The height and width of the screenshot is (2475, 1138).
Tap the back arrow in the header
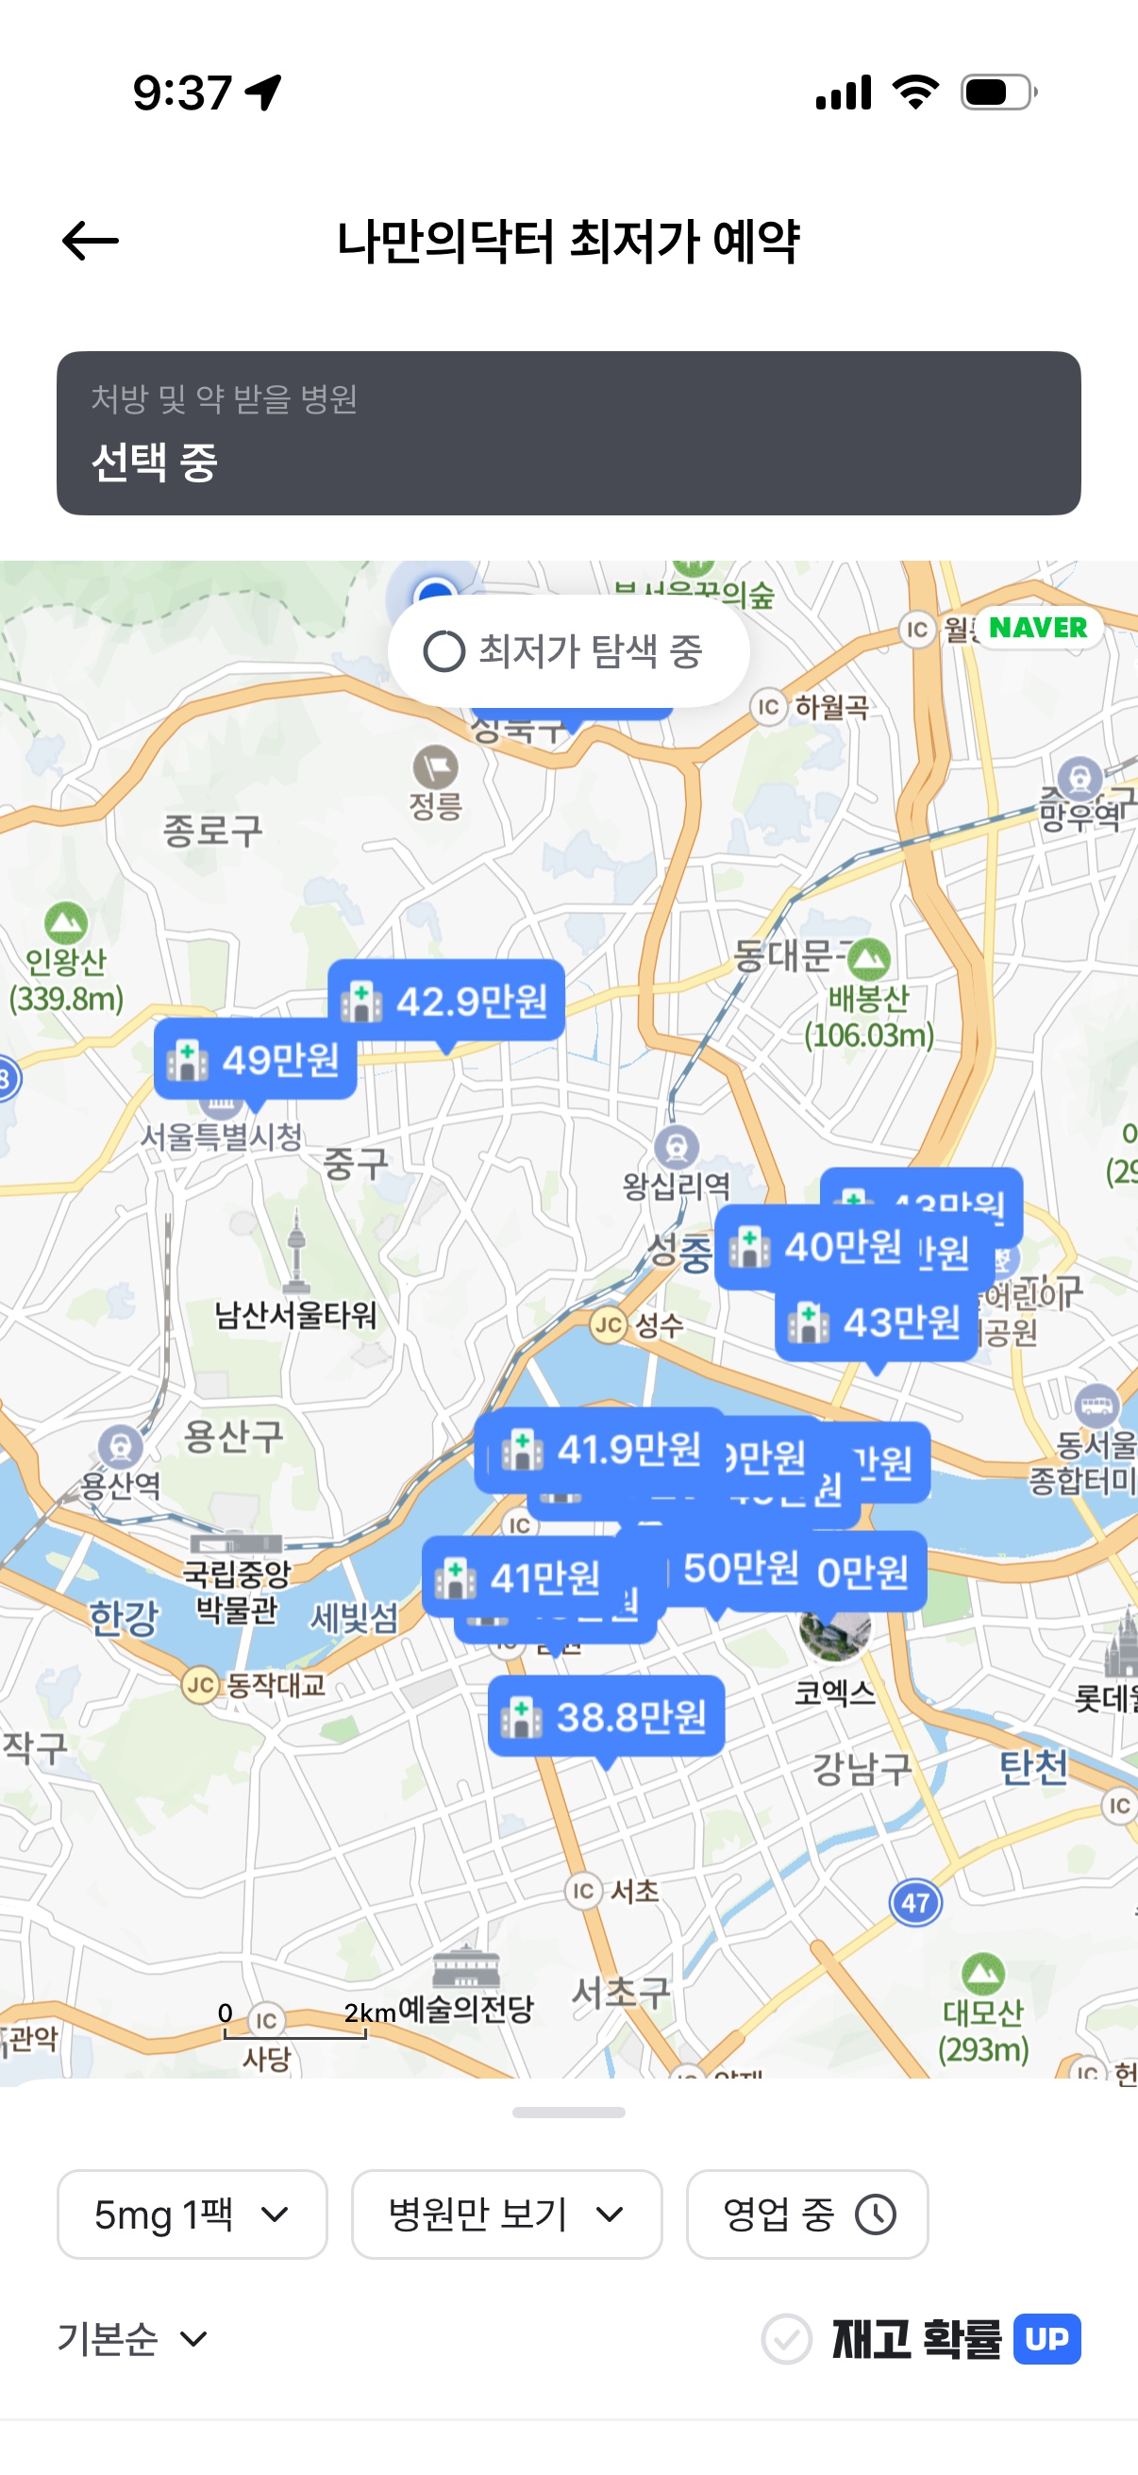pos(91,240)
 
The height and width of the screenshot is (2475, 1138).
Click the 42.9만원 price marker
pos(446,1001)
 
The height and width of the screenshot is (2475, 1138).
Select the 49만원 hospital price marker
pos(256,1060)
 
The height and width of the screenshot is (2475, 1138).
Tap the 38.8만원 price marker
pos(606,1716)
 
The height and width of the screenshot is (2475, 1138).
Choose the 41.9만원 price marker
pos(601,1449)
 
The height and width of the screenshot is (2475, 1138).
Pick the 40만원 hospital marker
pos(816,1247)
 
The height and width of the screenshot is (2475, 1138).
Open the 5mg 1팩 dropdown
pos(192,2214)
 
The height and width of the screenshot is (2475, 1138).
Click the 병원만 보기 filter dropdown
pos(506,2214)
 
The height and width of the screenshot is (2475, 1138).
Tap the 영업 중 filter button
pos(807,2214)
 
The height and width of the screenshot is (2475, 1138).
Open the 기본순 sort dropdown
pos(132,2338)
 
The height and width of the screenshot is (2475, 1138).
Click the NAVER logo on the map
pos(1037,628)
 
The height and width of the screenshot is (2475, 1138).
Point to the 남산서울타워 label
pos(295,1314)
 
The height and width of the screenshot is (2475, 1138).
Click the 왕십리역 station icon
pos(676,1146)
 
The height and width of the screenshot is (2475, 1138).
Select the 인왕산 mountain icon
pos(66,922)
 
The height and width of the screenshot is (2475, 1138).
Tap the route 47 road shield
pos(915,1902)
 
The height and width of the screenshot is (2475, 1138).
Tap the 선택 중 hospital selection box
pos(568,433)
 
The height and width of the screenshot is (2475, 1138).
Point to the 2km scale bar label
pos(370,2012)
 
